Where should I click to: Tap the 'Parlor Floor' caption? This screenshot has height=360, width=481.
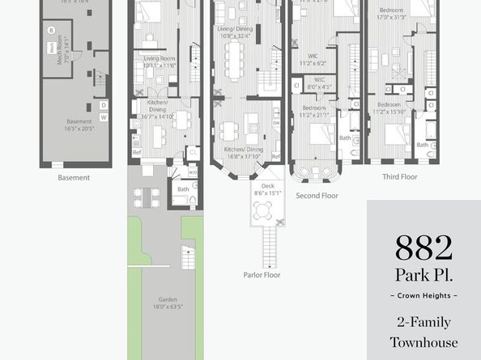(261, 274)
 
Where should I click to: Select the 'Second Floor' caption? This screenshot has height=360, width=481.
(317, 195)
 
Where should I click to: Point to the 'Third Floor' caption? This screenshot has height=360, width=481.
(400, 175)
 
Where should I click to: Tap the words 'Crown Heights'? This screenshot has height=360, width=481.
(423, 295)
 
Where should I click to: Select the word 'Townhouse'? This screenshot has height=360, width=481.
(423, 342)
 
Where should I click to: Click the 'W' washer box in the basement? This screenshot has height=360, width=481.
(103, 118)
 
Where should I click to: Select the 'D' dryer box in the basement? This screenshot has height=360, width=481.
(103, 105)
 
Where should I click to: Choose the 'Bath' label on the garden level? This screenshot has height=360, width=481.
(183, 189)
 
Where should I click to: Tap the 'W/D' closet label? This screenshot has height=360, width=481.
(193, 172)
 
